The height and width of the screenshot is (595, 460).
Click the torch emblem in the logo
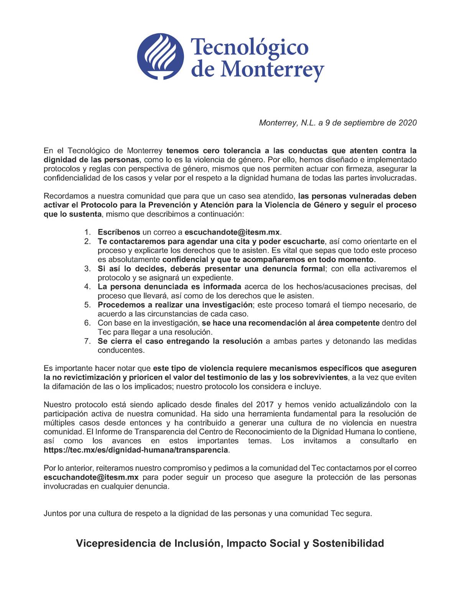[x=160, y=56]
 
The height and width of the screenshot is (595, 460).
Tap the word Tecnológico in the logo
[x=249, y=47]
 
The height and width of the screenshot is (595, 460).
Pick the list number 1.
[x=87, y=232]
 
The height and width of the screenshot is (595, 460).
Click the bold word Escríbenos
[x=119, y=232]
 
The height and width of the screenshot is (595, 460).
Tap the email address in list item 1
[x=232, y=232]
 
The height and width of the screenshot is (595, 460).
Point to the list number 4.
[x=87, y=287]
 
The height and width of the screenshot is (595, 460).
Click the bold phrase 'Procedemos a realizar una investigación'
[x=175, y=305]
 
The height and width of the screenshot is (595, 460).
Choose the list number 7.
[x=87, y=341]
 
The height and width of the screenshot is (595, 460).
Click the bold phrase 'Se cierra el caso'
[x=130, y=341]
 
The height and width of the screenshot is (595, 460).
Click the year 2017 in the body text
[x=264, y=405]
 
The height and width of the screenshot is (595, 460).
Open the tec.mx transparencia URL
[x=136, y=450]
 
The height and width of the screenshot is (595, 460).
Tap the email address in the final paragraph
[x=91, y=478]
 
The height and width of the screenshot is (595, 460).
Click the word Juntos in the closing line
[x=55, y=514]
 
